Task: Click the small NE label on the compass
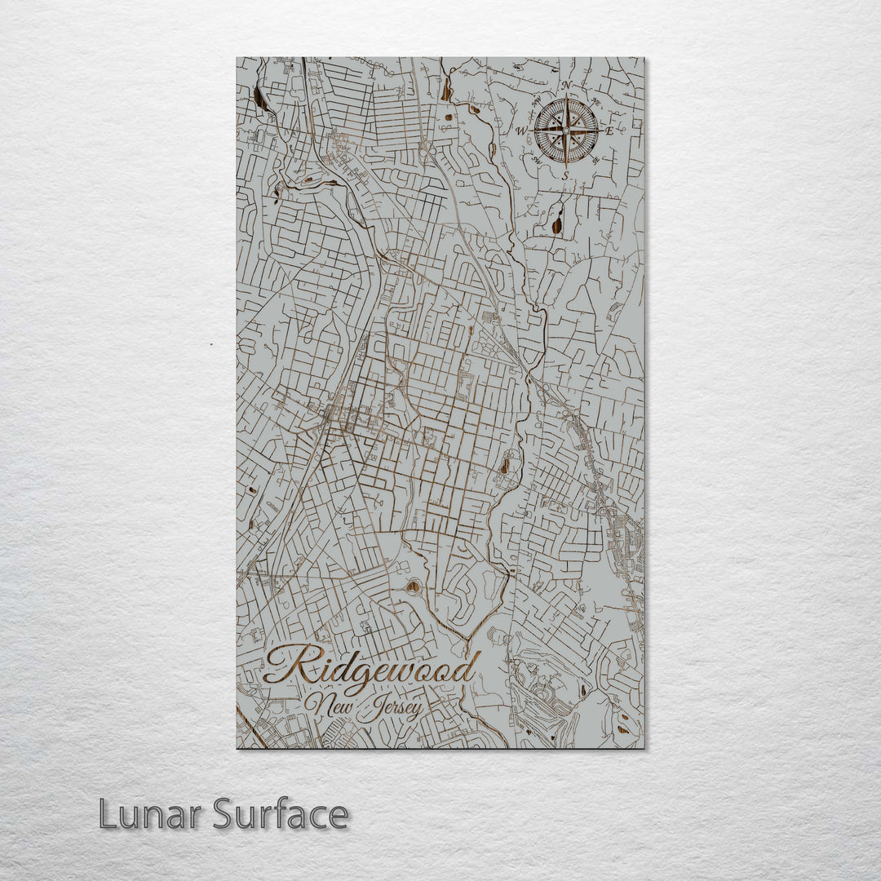[595, 102]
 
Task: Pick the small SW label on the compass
[537, 159]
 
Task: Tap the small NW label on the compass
[537, 102]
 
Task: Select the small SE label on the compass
[596, 159]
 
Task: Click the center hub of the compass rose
[566, 130]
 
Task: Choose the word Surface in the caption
[281, 814]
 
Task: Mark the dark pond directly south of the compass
[557, 223]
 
